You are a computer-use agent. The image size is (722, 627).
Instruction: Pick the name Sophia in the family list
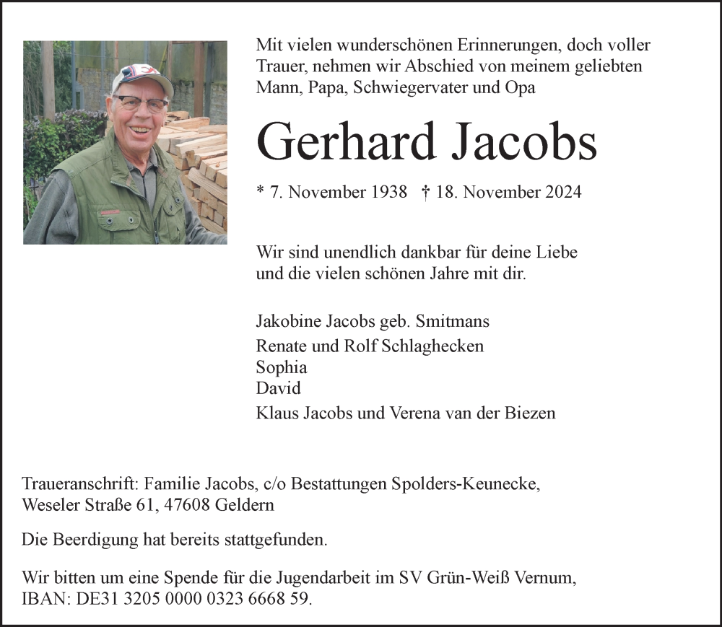tap(282, 367)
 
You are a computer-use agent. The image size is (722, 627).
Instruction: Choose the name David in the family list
tap(279, 388)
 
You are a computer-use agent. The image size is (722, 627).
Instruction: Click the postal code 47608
tap(183, 505)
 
